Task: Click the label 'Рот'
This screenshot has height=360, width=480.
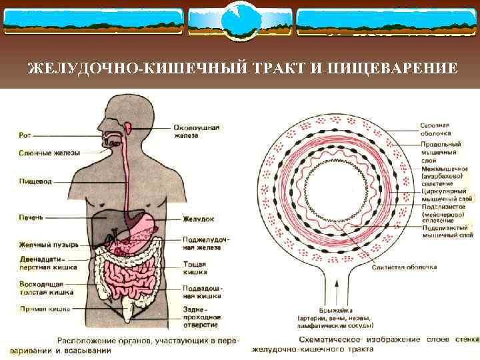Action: point(25,135)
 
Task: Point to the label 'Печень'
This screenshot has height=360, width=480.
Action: point(31,217)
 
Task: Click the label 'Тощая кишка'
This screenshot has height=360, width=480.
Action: point(195,269)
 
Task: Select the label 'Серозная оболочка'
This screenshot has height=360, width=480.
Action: point(435,129)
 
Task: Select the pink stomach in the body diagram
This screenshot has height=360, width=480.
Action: point(143,223)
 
